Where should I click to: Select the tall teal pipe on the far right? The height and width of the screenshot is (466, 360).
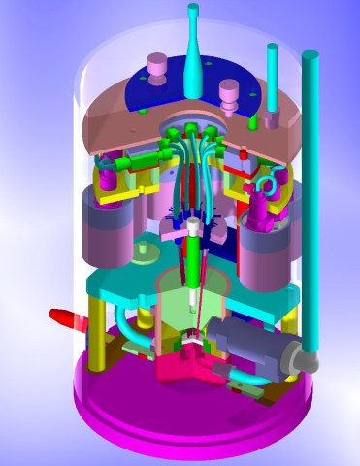311,194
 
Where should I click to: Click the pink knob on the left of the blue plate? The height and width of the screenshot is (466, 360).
155,68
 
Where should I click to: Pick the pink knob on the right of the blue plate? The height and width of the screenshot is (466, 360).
229,93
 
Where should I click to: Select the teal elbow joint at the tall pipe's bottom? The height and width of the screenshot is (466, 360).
311,361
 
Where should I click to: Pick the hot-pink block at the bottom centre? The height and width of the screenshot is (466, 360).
180,369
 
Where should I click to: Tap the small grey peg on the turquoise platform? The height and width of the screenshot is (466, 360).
146,251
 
